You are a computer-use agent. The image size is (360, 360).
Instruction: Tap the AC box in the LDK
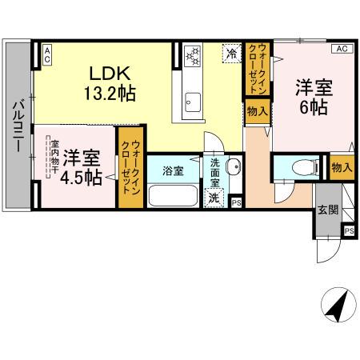[x=47, y=54]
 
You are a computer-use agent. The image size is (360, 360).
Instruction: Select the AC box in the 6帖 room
[x=342, y=49]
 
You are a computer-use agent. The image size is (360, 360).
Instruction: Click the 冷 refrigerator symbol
[x=231, y=54]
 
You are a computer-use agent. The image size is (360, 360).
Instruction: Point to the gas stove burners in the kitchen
[x=193, y=56]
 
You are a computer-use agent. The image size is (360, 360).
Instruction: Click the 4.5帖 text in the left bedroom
[x=83, y=178]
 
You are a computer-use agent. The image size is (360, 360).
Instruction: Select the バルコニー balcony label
[x=17, y=129]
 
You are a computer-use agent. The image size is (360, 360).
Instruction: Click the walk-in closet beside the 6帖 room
[x=258, y=69]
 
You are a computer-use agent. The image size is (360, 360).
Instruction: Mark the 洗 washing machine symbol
[x=214, y=197]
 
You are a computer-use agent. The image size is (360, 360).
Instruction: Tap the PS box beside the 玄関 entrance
[x=349, y=230]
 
